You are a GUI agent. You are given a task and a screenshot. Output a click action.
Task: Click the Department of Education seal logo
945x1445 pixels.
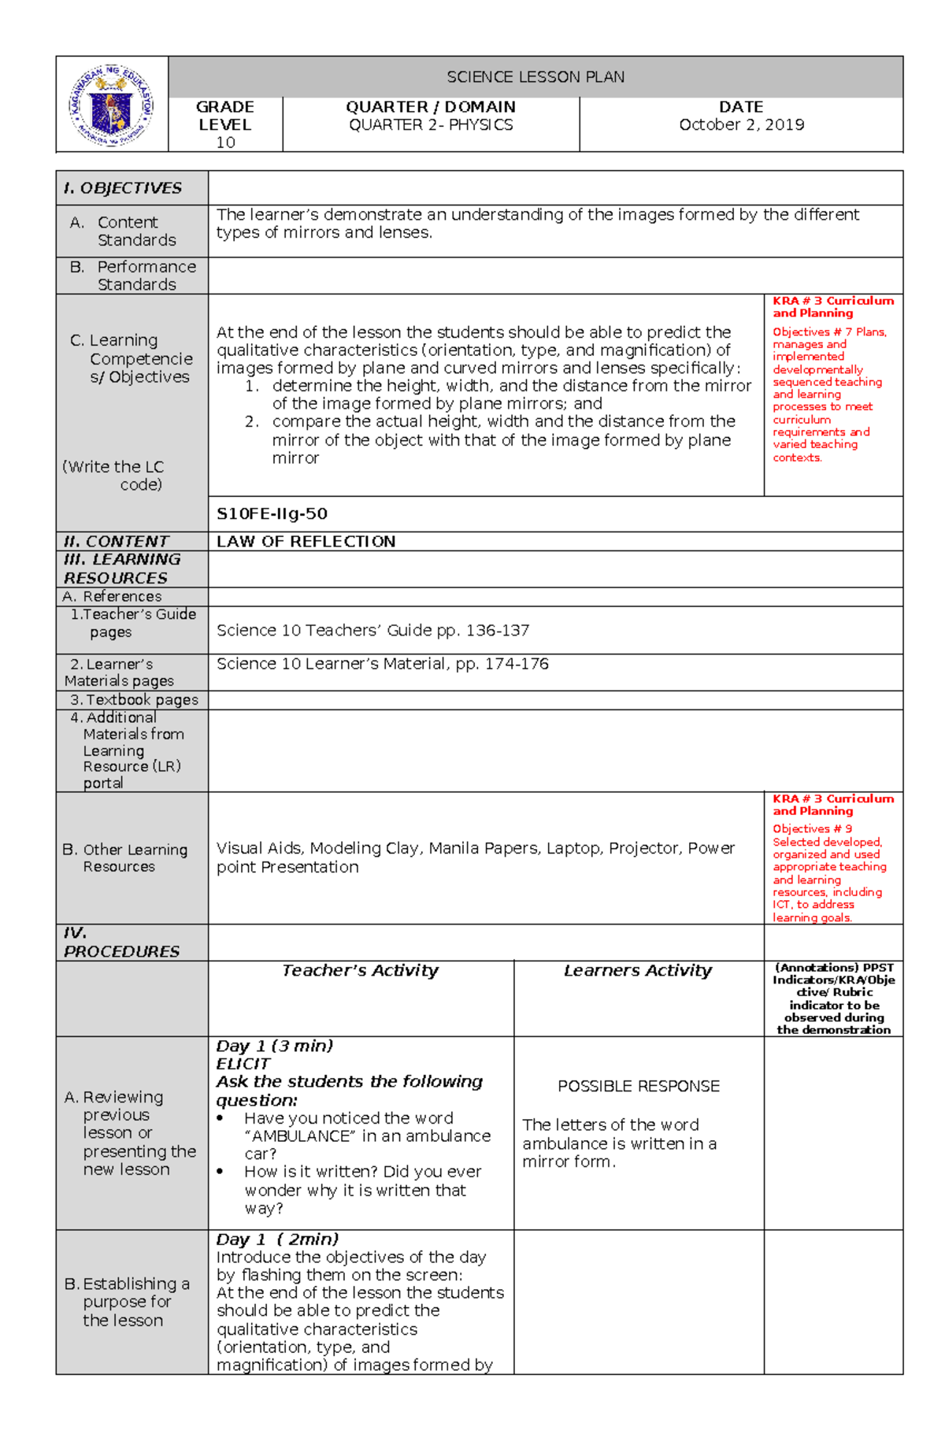coord(112,106)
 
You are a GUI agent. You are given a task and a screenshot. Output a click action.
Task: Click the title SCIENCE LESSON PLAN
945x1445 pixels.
coord(535,77)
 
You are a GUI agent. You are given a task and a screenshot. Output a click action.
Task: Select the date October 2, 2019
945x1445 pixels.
coord(741,124)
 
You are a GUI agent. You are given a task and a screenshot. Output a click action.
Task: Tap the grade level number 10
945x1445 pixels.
coord(225,143)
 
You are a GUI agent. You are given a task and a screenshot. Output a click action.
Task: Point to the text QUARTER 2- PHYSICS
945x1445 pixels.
coord(431,124)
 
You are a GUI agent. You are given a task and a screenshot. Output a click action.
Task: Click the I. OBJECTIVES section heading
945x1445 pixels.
coord(123,188)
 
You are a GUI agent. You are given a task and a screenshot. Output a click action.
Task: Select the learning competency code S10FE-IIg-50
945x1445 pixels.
coord(272,514)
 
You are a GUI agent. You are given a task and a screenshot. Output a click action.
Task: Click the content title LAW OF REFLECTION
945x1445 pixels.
coord(306,542)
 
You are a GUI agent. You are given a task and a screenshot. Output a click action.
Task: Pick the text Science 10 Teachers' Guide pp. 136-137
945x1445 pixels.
coord(372,631)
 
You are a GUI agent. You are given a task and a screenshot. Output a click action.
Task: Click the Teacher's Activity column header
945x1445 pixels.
coord(360,971)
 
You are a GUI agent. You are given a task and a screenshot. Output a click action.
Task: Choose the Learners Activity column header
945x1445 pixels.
coord(637,971)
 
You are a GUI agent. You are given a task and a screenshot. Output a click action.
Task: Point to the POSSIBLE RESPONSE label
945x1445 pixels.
coord(638,1087)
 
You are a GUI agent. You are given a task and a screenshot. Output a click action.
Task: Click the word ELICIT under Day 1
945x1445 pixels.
coord(243,1064)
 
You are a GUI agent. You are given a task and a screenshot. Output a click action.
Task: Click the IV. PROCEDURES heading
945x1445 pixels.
coord(121,943)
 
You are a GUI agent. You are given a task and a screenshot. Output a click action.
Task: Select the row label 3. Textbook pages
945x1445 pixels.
coord(134,700)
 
